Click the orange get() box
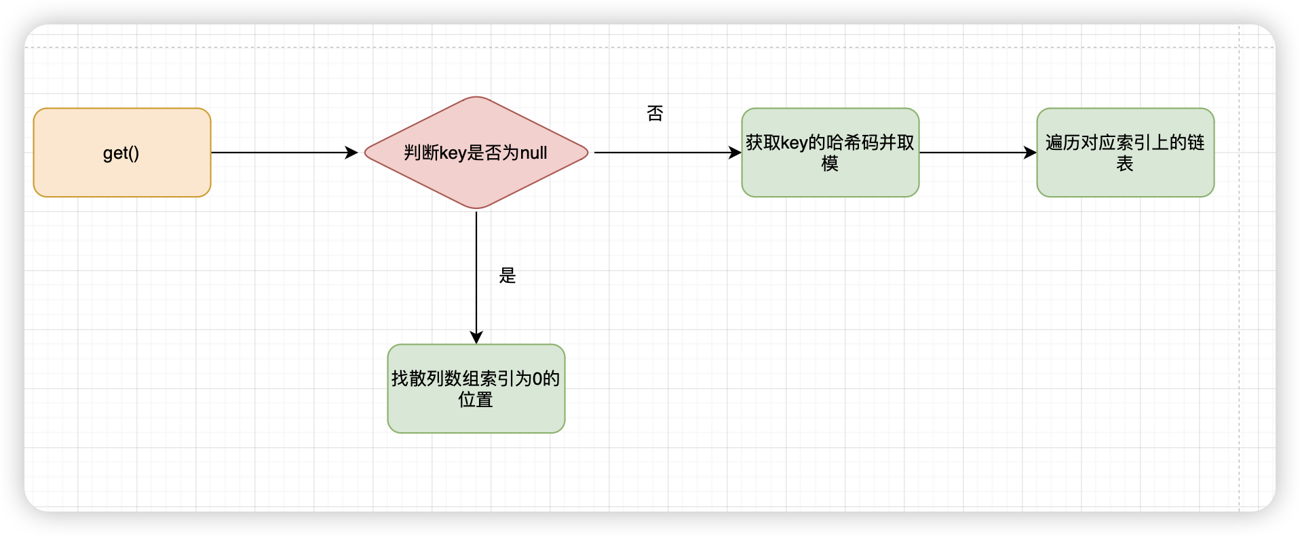[x=122, y=153]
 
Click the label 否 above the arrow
[x=655, y=113]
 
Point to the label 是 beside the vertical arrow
[x=508, y=275]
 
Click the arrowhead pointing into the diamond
[x=352, y=153]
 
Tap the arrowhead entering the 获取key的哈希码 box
[x=735, y=153]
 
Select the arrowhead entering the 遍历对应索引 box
[x=1031, y=153]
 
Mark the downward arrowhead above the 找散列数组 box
[x=476, y=338]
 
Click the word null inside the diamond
[x=533, y=153]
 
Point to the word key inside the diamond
[x=453, y=153]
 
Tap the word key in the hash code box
[x=794, y=142]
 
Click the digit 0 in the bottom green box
[x=537, y=379]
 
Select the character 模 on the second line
[x=830, y=164]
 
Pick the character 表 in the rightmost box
[x=1125, y=164]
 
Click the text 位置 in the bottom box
[x=476, y=400]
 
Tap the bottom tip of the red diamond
[x=476, y=208]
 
